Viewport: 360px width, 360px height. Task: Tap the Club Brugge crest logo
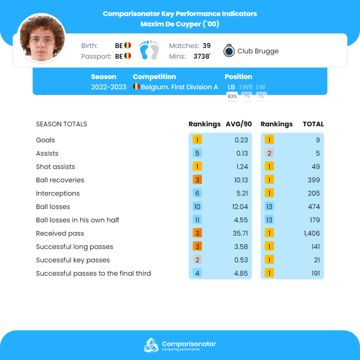(229, 51)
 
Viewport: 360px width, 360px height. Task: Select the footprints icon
(149, 50)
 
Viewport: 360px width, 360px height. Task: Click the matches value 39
(207, 46)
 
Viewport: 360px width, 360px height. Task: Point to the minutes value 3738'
(202, 56)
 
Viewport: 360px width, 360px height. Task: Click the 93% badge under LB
(232, 96)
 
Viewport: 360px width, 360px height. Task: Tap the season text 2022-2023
(109, 87)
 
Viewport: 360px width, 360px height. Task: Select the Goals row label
(46, 140)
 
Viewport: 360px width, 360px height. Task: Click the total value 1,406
(312, 233)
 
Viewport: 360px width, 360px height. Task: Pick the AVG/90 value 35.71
(241, 233)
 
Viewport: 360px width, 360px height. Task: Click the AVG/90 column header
(239, 124)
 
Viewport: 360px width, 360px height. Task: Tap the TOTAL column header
(313, 124)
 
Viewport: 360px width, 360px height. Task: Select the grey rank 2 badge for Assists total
(269, 153)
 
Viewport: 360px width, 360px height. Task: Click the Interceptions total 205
(314, 193)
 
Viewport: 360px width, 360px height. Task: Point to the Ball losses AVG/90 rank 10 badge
(197, 207)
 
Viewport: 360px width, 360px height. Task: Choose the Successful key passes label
(73, 260)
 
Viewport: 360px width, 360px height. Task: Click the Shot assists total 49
(315, 167)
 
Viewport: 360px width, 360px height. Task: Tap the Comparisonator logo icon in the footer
(151, 345)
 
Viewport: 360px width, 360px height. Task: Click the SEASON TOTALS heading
(62, 124)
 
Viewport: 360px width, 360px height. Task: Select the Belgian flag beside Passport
(127, 56)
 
